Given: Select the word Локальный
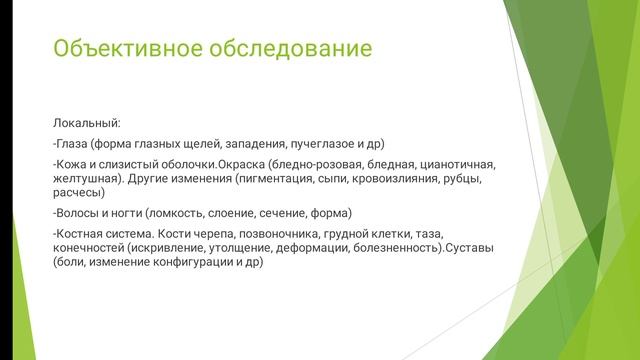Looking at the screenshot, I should pyautogui.click(x=87, y=123).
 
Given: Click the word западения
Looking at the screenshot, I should pyautogui.click(x=250, y=143).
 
